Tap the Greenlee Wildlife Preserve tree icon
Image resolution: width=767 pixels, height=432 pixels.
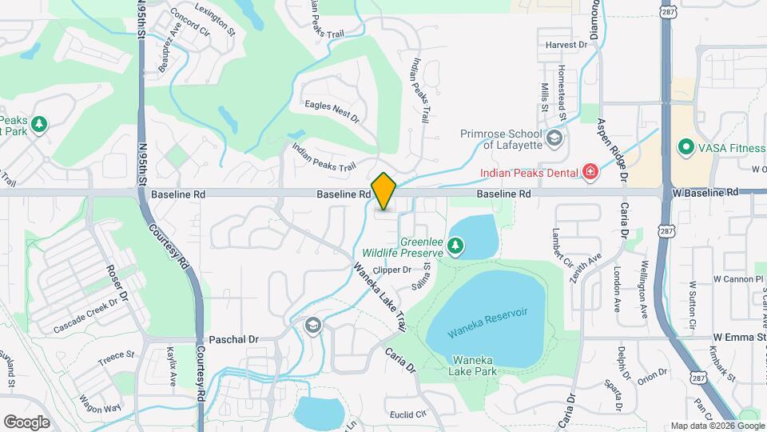[x=455, y=246]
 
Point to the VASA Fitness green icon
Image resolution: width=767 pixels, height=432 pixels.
[x=685, y=147]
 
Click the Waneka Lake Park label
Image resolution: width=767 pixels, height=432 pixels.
[x=475, y=366]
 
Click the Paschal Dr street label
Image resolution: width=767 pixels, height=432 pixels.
[x=233, y=339]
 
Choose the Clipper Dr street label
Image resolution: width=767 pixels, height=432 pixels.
[x=391, y=270]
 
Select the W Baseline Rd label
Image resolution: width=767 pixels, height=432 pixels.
[x=705, y=193]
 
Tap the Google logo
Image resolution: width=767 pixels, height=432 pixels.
[x=26, y=422]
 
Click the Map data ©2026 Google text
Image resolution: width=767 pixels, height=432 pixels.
[x=716, y=426]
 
